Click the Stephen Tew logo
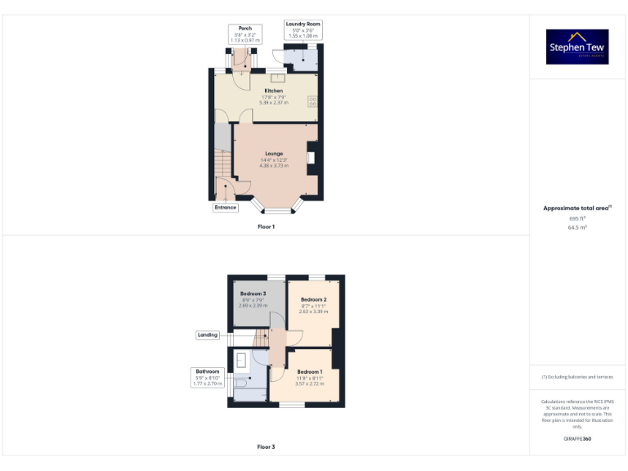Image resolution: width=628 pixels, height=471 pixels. pos(577,47)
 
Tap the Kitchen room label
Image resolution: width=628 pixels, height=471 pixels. pos(273,91)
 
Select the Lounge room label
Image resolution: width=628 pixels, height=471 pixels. pos(273,154)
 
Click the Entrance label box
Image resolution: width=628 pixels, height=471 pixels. pos(225,208)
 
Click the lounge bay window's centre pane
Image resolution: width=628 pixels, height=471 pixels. pos(276,211)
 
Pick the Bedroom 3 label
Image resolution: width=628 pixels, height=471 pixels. pos(253,294)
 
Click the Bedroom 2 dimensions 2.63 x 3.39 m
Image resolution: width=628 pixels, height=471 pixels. pos(313,312)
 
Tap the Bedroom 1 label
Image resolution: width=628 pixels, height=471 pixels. pos(310,372)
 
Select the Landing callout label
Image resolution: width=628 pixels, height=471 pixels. pos(208,334)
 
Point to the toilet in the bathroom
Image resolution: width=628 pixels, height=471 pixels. pos(240,381)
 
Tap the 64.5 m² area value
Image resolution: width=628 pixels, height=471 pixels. pos(577,227)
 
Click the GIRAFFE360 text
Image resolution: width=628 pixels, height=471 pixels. pos(577,439)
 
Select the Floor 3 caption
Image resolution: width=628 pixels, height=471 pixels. pos(266,447)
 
